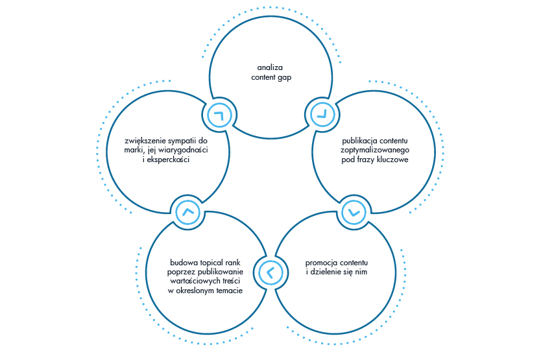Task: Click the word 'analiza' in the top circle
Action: (x=269, y=67)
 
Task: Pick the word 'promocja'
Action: (x=322, y=263)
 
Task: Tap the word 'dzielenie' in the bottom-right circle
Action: (x=325, y=272)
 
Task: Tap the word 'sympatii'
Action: (x=186, y=140)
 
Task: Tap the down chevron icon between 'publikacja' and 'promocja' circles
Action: (x=353, y=212)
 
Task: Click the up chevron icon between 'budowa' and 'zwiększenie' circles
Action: (x=189, y=212)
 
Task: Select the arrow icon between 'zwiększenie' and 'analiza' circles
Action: (x=218, y=115)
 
